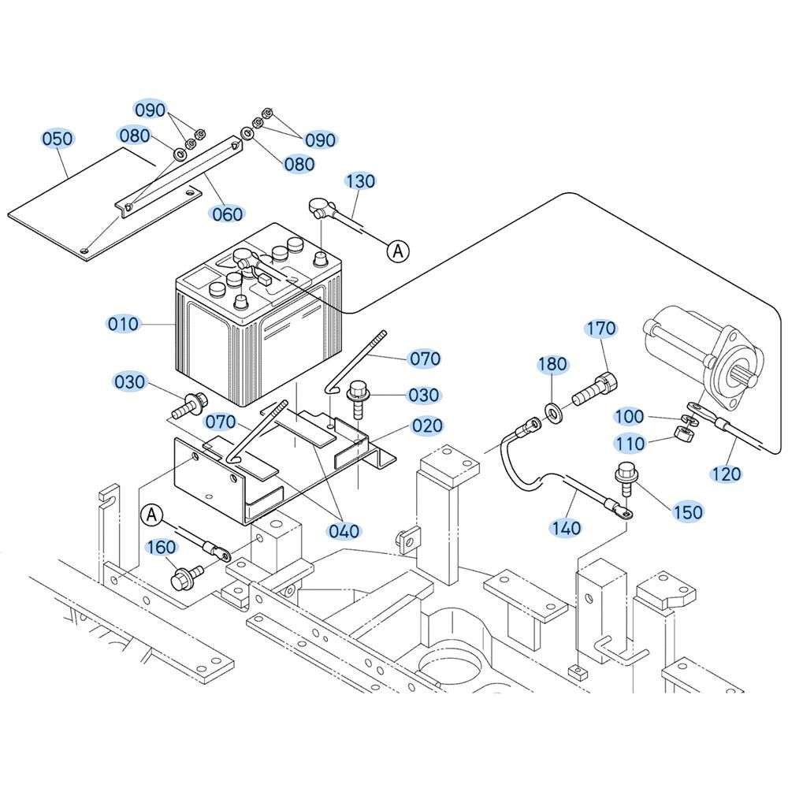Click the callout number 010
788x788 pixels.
[x=124, y=324]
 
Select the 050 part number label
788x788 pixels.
[x=58, y=139]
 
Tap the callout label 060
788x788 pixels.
[x=226, y=214]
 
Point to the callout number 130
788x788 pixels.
[x=360, y=181]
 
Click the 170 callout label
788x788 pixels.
[x=600, y=328]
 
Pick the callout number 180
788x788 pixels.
[x=552, y=364]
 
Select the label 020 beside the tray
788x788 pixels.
[x=427, y=426]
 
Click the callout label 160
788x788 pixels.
[x=162, y=547]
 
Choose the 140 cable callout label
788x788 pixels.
[x=566, y=527]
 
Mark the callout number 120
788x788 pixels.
[x=726, y=473]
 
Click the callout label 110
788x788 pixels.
[x=630, y=444]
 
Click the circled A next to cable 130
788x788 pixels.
[x=399, y=251]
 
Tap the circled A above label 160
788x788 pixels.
[x=152, y=515]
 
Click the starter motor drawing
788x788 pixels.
[x=697, y=351]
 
